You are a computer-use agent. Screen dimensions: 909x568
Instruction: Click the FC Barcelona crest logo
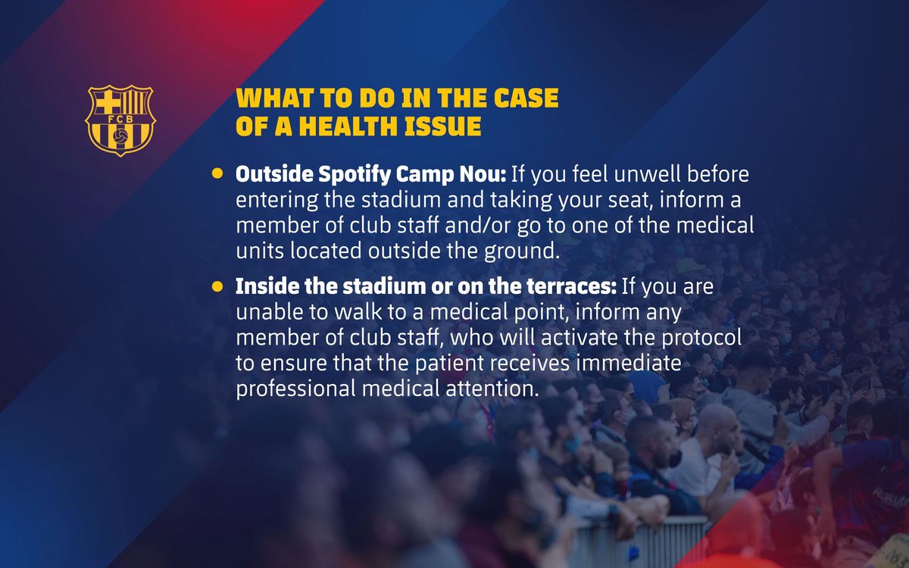click(x=120, y=120)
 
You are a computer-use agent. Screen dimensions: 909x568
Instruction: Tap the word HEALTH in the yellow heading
click(x=349, y=126)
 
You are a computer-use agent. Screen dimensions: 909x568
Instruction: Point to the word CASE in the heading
click(x=526, y=98)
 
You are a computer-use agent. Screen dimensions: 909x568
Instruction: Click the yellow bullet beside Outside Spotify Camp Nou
click(x=217, y=173)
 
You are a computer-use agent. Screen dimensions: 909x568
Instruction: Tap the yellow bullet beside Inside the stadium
click(x=217, y=286)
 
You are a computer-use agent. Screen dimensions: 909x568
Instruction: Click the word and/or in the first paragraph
click(x=478, y=226)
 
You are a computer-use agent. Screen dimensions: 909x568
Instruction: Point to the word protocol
click(x=701, y=339)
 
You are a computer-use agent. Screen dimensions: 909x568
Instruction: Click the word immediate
click(x=629, y=363)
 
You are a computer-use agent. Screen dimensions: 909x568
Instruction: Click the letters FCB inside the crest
click(x=120, y=120)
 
